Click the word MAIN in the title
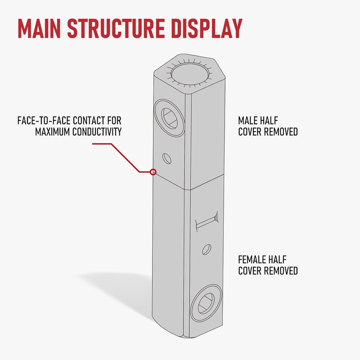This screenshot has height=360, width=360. click(39, 28)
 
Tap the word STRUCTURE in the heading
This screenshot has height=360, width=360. click(116, 28)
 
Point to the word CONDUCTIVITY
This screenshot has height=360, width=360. click(97, 132)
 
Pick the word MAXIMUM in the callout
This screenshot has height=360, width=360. click(52, 132)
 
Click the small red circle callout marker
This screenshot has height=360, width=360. click(153, 172)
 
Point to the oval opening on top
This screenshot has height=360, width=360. click(190, 74)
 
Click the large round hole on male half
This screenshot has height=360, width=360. click(170, 118)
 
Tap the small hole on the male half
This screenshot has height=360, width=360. click(166, 159)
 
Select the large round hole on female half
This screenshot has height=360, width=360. click(207, 303)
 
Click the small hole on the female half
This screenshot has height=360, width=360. click(207, 250)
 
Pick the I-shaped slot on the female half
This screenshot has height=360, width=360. click(207, 221)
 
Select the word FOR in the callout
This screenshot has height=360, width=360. click(114, 121)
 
